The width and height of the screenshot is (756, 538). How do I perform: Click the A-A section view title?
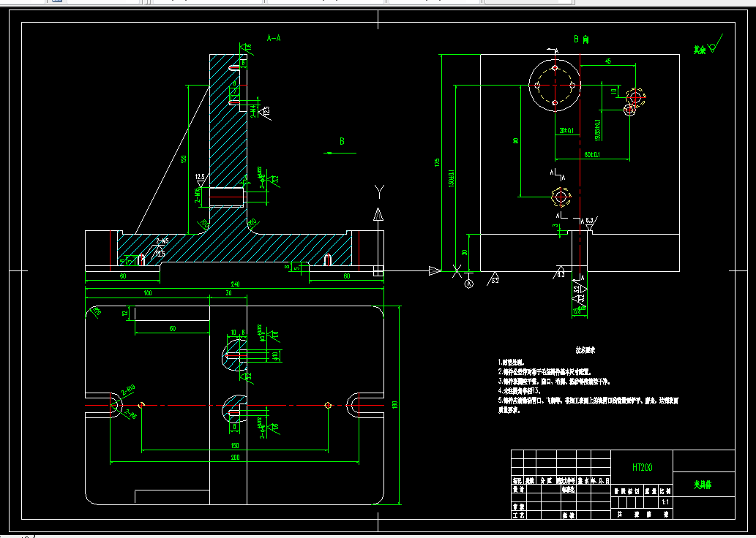(x=274, y=37)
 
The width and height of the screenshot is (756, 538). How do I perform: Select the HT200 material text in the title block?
(x=642, y=467)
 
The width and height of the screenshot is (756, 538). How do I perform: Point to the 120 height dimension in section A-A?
(x=184, y=158)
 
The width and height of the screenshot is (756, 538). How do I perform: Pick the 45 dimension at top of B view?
(x=607, y=61)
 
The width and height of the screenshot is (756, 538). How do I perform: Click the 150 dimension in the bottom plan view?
(x=235, y=445)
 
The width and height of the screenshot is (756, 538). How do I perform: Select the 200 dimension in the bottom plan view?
(x=235, y=458)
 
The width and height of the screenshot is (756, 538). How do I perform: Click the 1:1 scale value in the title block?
(x=665, y=502)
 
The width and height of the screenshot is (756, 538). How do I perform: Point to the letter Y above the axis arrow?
(x=379, y=192)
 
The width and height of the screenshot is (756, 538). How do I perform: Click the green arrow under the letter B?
(x=341, y=153)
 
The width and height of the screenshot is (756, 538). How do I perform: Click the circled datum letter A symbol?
(x=469, y=283)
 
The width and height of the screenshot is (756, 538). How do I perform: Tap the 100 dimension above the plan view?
(x=147, y=293)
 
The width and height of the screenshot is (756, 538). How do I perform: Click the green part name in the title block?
(x=703, y=484)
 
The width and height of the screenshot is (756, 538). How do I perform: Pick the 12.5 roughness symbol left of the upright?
(x=200, y=178)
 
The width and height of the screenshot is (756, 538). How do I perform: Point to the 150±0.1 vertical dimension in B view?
(x=452, y=178)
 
